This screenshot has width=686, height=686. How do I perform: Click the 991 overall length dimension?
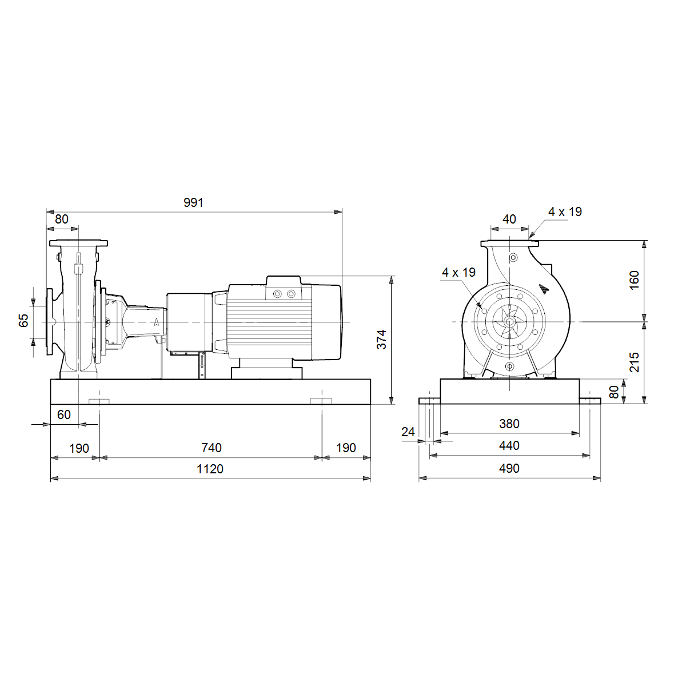pos(193,202)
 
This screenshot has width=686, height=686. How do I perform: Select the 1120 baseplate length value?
pos(210,469)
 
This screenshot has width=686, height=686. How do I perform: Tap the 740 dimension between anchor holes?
pos(212,448)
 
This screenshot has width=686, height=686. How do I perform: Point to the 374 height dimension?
pos(381,339)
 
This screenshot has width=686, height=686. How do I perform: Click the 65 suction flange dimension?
pos(23,320)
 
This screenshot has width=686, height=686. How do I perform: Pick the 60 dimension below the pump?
pos(64,414)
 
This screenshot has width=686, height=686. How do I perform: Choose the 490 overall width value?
pos(509,468)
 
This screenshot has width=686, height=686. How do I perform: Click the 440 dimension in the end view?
pos(509,445)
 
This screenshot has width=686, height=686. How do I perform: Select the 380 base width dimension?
pos(509,424)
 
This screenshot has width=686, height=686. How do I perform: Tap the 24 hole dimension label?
pos(408,432)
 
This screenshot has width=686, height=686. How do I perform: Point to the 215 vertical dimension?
pos(635,362)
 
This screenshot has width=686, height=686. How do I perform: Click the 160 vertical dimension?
pos(635,280)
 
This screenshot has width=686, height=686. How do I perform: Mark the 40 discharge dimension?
pos(509,219)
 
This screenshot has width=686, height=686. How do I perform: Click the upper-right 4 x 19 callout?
pos(565,212)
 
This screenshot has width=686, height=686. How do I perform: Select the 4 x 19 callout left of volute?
pos(458,272)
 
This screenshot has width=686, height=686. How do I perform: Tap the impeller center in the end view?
pos(509,322)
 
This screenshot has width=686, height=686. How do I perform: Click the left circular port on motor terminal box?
pos(277,294)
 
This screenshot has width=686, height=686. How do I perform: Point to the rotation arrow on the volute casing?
pos(543,289)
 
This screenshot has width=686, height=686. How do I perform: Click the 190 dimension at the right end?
pos(346,448)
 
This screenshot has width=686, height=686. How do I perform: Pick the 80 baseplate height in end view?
pos(614,392)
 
